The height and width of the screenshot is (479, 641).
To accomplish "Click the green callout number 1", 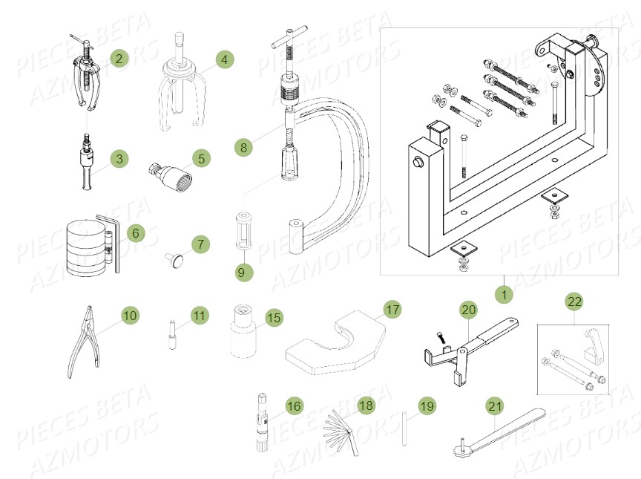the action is click(x=504, y=295).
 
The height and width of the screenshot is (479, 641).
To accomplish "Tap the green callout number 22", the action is click(x=574, y=302).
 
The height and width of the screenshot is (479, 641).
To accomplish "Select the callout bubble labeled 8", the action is click(x=243, y=147).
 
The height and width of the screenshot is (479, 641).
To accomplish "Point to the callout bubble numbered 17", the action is click(x=392, y=309).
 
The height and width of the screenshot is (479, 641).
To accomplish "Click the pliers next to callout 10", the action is click(x=83, y=342).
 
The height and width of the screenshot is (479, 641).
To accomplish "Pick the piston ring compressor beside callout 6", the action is click(x=93, y=244).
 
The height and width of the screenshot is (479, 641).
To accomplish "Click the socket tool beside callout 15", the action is click(x=244, y=331).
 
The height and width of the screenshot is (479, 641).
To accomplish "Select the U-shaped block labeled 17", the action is click(x=336, y=342).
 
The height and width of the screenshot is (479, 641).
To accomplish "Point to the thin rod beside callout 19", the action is click(x=404, y=429).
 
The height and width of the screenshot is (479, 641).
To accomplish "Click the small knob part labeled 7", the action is click(x=174, y=260).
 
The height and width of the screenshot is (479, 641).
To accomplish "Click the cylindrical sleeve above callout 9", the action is click(x=243, y=230).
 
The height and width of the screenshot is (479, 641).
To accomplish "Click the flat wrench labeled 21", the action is click(x=499, y=434).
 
